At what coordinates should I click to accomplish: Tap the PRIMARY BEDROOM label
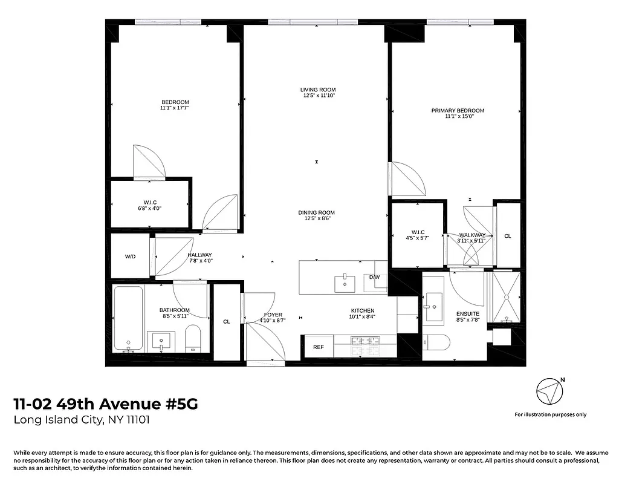(458, 111)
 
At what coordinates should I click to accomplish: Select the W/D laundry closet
(130, 257)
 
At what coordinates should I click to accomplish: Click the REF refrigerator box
(318, 347)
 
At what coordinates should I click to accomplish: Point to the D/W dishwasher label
(375, 277)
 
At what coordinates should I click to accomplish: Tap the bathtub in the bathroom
(128, 318)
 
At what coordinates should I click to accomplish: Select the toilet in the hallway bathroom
(193, 339)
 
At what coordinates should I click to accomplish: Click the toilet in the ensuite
(436, 342)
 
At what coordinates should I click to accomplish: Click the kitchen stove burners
(365, 347)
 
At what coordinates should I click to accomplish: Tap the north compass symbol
(549, 391)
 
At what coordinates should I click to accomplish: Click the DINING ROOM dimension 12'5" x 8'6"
(316, 218)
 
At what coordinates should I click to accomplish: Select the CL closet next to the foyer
(227, 322)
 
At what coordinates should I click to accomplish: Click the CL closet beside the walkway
(508, 236)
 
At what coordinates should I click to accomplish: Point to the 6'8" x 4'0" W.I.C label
(151, 208)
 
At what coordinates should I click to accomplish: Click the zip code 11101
(137, 419)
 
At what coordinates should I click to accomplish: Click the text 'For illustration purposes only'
(550, 414)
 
